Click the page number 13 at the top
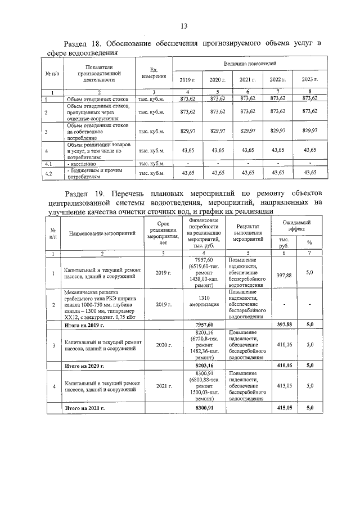click(x=183, y=26)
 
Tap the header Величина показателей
click(x=248, y=63)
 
